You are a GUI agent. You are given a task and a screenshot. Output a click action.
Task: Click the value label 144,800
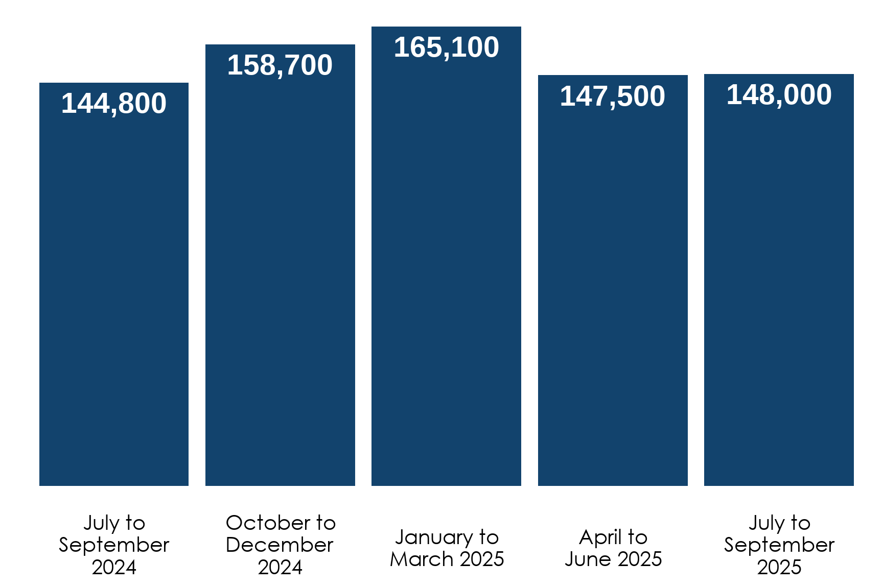tap(114, 104)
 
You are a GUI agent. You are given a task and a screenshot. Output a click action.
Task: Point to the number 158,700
tap(280, 65)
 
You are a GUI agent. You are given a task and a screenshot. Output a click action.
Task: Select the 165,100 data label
tap(446, 47)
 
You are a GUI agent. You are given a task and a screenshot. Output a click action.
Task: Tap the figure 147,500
tap(613, 96)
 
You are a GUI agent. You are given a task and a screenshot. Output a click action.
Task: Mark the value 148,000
tap(779, 95)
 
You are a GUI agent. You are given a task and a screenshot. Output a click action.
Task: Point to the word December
tap(280, 545)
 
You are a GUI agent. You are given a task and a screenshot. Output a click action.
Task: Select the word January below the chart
tap(434, 537)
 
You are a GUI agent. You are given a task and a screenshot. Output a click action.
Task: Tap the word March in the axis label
tap(422, 559)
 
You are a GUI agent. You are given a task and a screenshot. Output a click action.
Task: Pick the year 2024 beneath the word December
tap(280, 567)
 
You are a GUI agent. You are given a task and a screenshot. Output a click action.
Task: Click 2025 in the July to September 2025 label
tap(779, 567)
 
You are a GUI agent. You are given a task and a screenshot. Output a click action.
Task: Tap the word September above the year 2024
tap(114, 545)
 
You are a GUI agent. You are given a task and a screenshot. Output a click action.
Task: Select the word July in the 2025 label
tap(766, 523)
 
